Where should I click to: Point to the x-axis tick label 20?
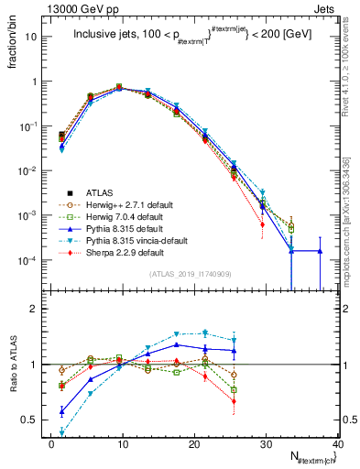(x=193, y=443)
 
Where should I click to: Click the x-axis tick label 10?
(x=122, y=443)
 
